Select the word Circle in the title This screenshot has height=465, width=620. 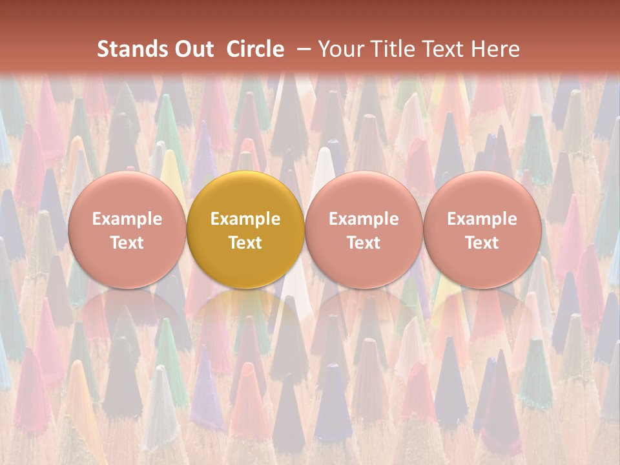(x=255, y=49)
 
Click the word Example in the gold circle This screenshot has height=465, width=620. (x=245, y=219)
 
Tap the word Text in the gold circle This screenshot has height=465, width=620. (x=245, y=243)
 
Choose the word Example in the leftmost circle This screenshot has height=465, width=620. (x=127, y=219)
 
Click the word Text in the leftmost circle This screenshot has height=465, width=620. (x=127, y=243)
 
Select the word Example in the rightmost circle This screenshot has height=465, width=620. (x=482, y=219)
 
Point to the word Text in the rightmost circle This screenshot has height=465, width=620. (x=482, y=243)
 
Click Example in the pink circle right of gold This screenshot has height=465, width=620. (x=364, y=219)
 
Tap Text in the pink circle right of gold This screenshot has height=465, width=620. (x=364, y=243)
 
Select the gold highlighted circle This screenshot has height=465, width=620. (x=245, y=194)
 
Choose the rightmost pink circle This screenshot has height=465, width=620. (x=482, y=194)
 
